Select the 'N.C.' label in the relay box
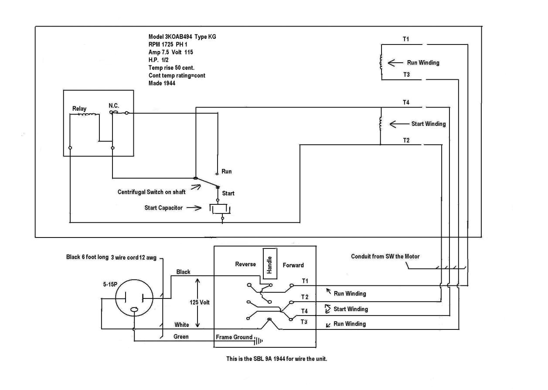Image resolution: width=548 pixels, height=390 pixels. point(114,105)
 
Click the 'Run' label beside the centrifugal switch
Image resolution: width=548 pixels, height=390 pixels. point(226,171)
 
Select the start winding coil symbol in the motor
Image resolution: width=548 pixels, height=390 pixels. point(381,124)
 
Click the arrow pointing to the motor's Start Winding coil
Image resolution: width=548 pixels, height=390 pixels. point(398,124)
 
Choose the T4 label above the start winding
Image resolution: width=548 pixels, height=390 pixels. point(406,102)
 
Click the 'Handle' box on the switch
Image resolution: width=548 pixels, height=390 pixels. point(269,263)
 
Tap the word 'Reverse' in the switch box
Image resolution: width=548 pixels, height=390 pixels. point(245,265)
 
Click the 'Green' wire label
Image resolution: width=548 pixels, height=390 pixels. point(181,337)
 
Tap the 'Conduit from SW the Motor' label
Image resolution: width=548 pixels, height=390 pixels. point(385,256)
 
